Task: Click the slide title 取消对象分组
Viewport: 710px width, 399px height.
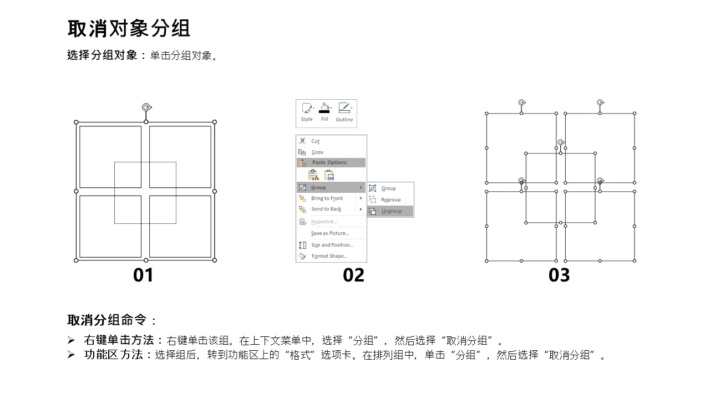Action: [129, 28]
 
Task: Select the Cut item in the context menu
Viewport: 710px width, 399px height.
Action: [315, 141]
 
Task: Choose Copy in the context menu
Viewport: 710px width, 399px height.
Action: [317, 152]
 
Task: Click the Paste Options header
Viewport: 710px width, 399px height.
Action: [329, 162]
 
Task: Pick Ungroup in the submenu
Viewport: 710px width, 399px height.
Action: [392, 211]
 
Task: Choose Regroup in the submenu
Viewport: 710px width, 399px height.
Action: [390, 200]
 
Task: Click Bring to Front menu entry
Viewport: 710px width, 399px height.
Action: [327, 198]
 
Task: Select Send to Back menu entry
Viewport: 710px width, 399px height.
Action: [326, 209]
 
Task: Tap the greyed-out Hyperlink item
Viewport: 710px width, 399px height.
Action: [324, 222]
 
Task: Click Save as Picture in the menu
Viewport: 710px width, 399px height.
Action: [330, 233]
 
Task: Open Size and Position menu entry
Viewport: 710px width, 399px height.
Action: [332, 245]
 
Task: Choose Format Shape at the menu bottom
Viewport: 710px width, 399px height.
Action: [329, 256]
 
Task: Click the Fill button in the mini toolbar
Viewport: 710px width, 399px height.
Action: [324, 112]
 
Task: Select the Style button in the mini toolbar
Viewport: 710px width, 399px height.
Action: [307, 112]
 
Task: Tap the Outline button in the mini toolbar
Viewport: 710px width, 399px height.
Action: [344, 112]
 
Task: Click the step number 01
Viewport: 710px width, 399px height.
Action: [143, 275]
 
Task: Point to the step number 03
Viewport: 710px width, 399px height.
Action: [559, 275]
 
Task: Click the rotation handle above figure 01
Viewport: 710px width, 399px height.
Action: [146, 108]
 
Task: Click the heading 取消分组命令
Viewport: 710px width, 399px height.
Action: [107, 320]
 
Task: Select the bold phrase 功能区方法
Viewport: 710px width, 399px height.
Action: [114, 355]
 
